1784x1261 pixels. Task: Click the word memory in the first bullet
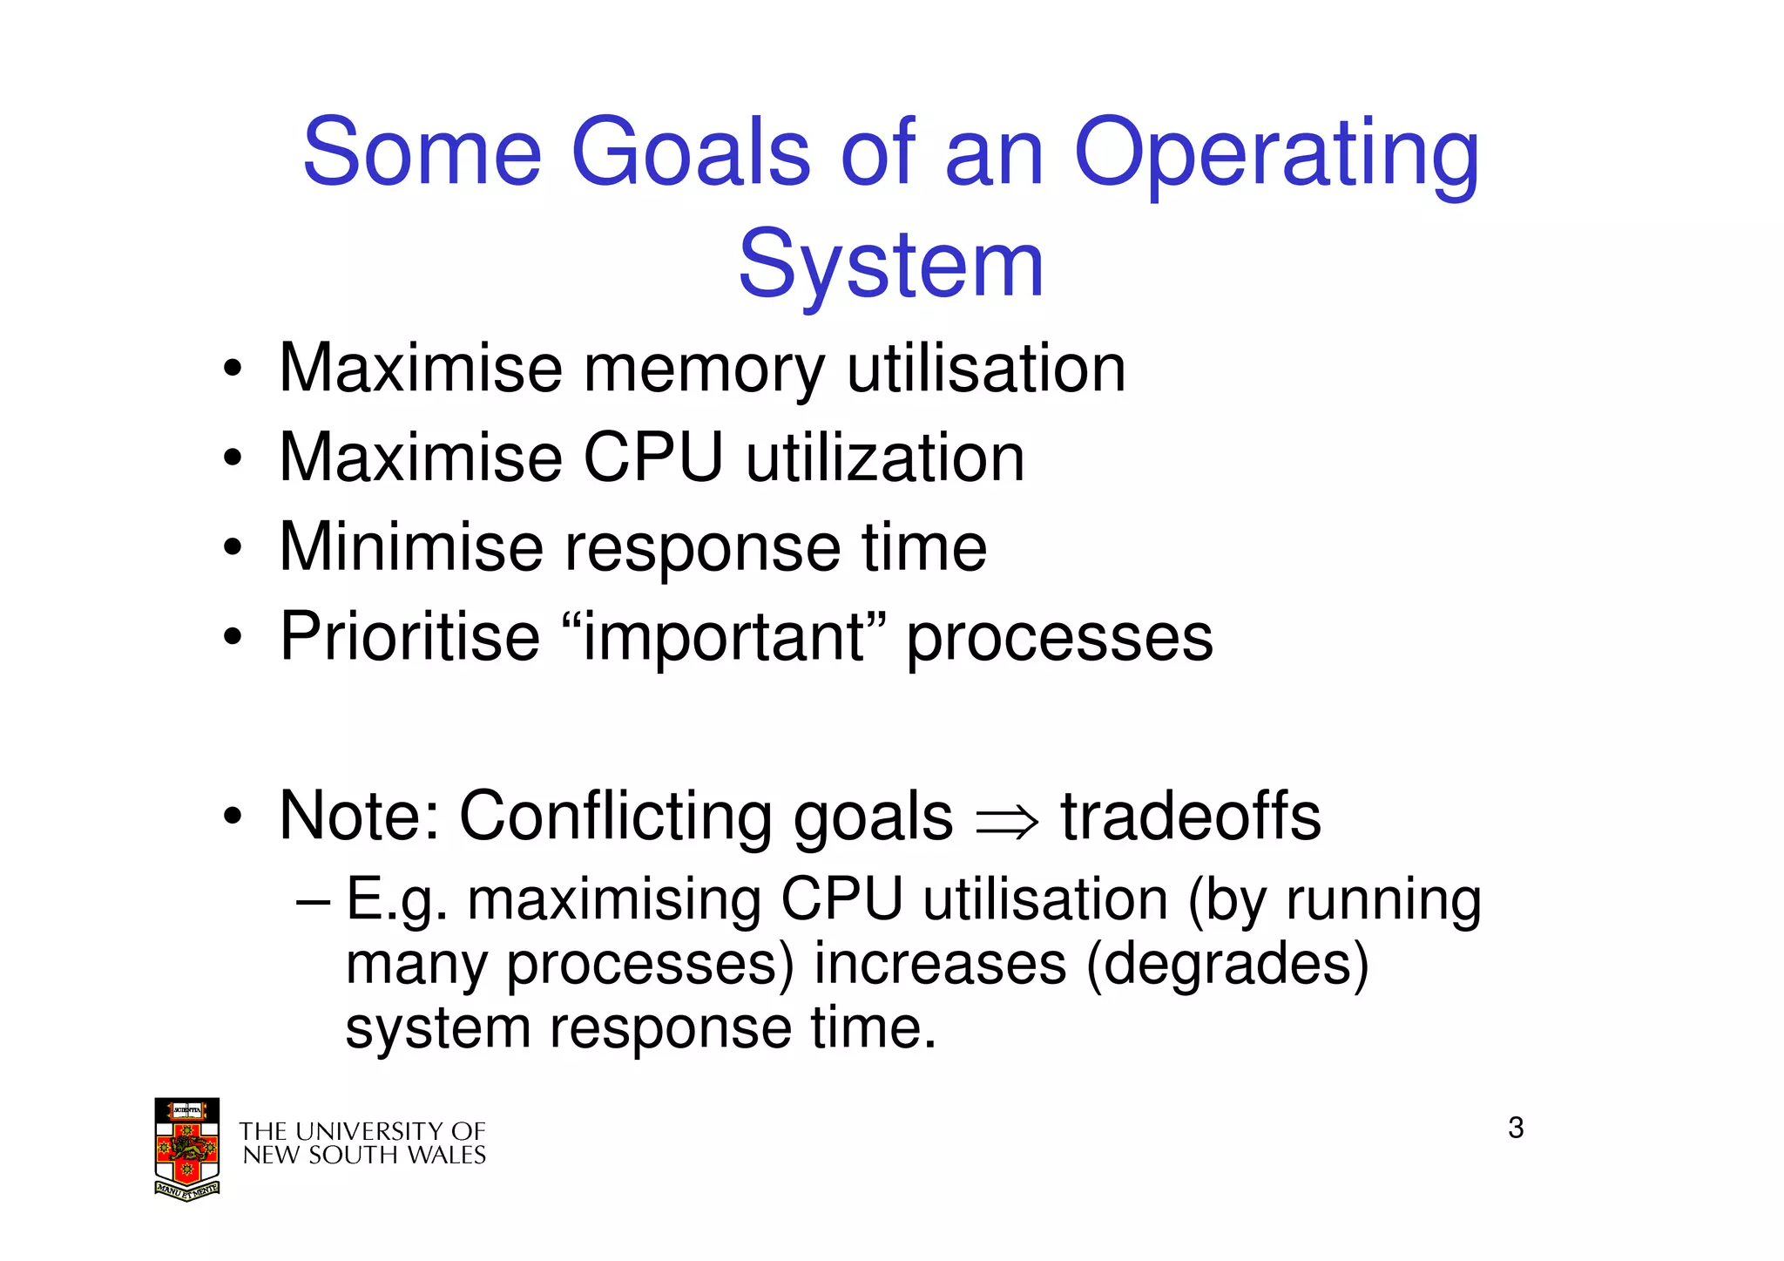(x=703, y=369)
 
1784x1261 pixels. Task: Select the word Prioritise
(x=409, y=637)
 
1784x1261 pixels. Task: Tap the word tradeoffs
(x=1191, y=817)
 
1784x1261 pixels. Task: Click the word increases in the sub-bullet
(x=940, y=965)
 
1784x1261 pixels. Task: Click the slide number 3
(x=1516, y=1128)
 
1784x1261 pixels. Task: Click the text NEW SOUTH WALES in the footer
(x=364, y=1156)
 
